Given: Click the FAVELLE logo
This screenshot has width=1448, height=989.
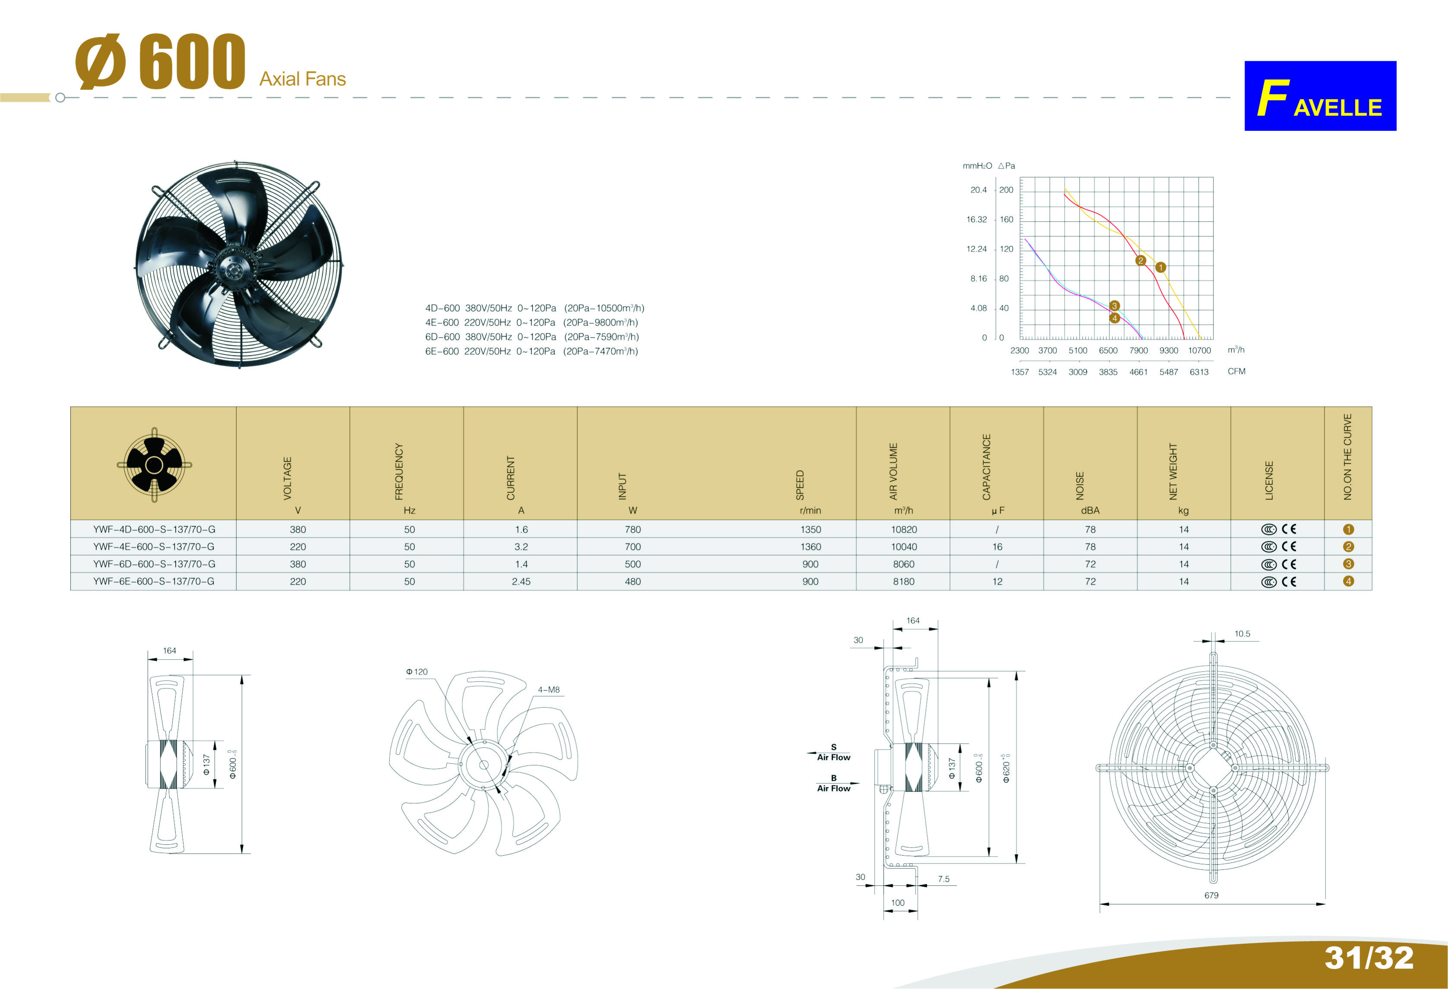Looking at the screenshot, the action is [1320, 95].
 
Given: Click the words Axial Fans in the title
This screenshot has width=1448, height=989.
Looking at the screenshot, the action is [303, 79].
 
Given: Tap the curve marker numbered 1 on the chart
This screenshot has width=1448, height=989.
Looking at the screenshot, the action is [1160, 267].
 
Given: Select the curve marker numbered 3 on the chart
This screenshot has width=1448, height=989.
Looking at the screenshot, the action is [1114, 305].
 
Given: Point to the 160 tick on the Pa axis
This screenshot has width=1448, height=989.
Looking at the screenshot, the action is [1006, 219].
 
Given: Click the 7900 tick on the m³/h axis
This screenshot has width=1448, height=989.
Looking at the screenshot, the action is [1138, 350].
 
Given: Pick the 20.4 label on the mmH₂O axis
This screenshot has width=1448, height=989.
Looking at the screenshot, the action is [978, 190].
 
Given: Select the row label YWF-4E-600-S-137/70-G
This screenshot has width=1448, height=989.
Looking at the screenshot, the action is [154, 547].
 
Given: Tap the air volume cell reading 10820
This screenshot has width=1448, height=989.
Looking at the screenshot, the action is [904, 530].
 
